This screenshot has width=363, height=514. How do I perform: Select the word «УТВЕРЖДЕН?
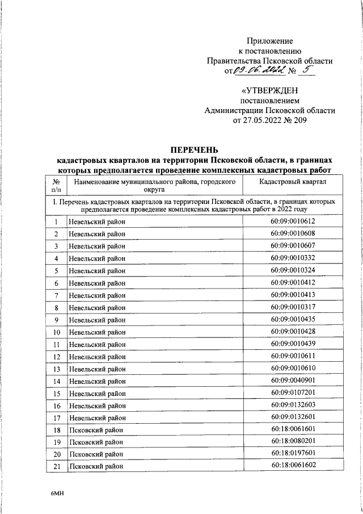point(269,91)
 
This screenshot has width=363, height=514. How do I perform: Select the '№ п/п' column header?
point(56,185)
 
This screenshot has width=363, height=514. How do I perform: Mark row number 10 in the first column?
point(56,332)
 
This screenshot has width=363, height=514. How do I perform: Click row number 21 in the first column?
point(56,466)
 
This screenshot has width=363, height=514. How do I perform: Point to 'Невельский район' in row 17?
point(97,417)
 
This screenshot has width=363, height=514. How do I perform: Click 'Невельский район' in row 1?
point(97,222)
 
